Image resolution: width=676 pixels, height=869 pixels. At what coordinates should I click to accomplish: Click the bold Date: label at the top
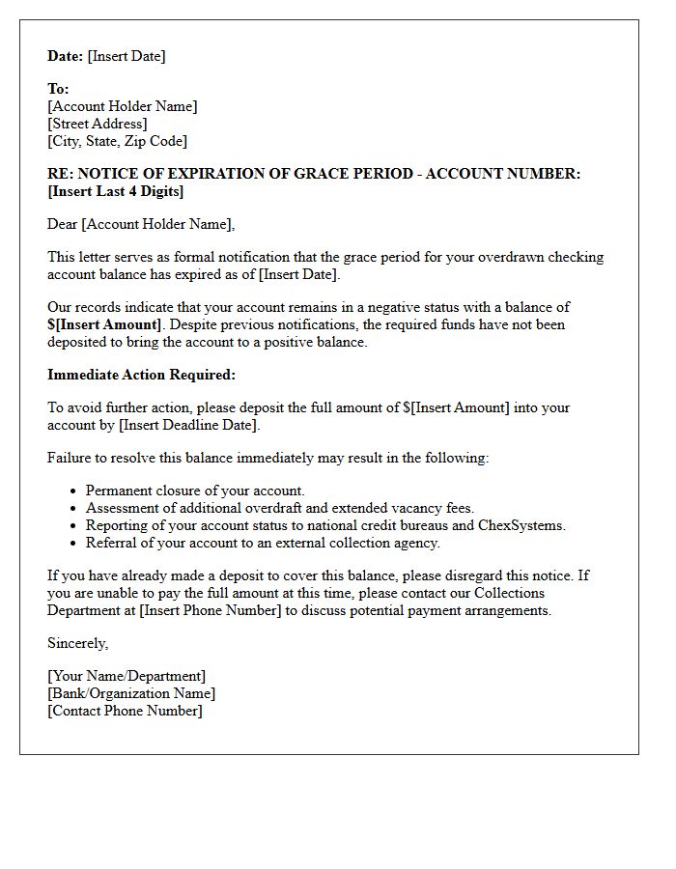pyautogui.click(x=66, y=56)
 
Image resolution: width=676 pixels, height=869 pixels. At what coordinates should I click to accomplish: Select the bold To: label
pyautogui.click(x=58, y=89)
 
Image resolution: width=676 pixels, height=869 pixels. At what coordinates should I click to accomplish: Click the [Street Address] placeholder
pyautogui.click(x=98, y=124)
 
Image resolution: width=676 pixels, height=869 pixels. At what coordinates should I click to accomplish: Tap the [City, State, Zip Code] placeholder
pyautogui.click(x=118, y=141)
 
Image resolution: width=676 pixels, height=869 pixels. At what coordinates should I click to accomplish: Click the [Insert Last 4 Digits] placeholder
pyautogui.click(x=116, y=191)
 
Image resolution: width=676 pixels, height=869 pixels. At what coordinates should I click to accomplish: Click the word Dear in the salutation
pyautogui.click(x=63, y=224)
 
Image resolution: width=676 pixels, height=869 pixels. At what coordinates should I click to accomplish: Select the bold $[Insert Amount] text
pyautogui.click(x=105, y=324)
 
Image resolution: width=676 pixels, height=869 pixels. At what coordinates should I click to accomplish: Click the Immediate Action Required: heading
pyautogui.click(x=141, y=375)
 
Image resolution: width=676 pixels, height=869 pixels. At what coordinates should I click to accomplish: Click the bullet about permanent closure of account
pyautogui.click(x=195, y=491)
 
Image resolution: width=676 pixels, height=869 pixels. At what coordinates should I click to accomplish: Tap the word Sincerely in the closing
pyautogui.click(x=77, y=643)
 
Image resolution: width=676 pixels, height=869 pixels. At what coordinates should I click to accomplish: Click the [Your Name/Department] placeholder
pyautogui.click(x=127, y=676)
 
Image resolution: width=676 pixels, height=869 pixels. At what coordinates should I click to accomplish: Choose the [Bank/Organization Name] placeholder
pyautogui.click(x=131, y=693)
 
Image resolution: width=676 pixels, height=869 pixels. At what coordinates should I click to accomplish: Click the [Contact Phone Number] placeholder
pyautogui.click(x=126, y=711)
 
